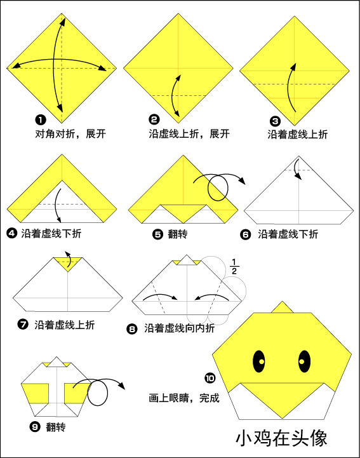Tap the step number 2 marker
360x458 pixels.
154,119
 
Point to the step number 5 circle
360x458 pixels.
158,234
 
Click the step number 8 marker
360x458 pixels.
132,328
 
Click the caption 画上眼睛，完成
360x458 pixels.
183,398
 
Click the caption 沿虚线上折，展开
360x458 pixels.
189,134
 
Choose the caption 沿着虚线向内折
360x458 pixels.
179,328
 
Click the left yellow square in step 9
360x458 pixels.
36,394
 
